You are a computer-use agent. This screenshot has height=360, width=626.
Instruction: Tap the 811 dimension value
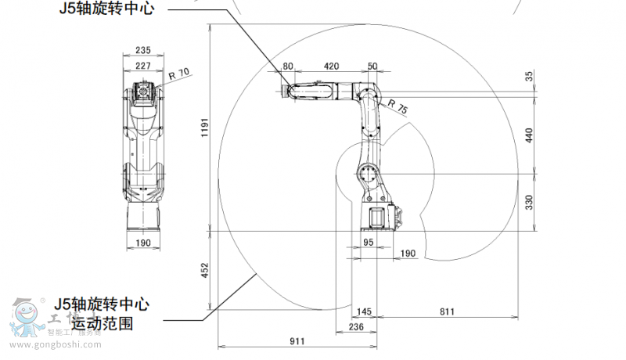(447, 312)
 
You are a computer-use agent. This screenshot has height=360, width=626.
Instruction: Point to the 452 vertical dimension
(204, 271)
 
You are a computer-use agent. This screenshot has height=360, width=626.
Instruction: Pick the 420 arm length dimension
(331, 66)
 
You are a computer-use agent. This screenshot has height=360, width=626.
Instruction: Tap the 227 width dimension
(142, 66)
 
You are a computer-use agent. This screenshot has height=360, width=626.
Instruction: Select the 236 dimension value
(356, 327)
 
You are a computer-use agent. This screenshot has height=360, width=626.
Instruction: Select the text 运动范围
(103, 322)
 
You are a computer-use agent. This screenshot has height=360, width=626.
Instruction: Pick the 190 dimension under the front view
(142, 243)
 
